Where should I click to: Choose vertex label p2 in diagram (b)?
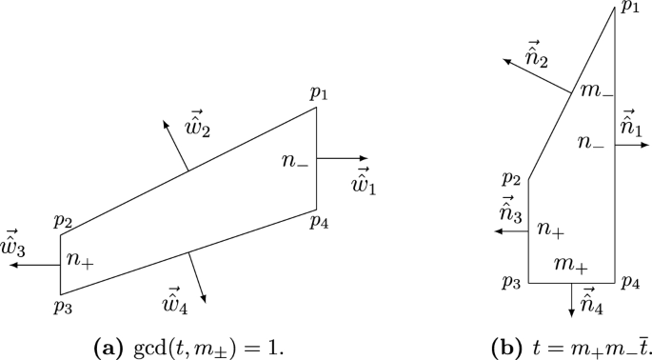coord(511,178)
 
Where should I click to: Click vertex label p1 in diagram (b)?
coord(629,9)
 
